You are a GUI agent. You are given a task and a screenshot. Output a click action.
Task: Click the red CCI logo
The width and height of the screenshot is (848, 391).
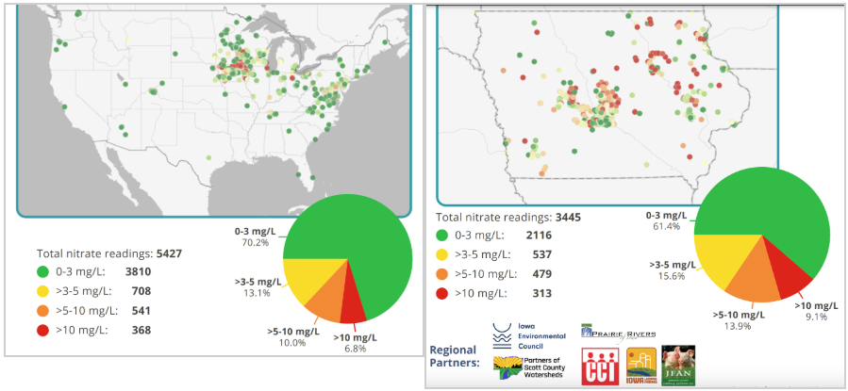pos(597,365)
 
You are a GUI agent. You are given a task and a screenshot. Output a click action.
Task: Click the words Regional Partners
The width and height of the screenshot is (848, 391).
pos(453,355)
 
